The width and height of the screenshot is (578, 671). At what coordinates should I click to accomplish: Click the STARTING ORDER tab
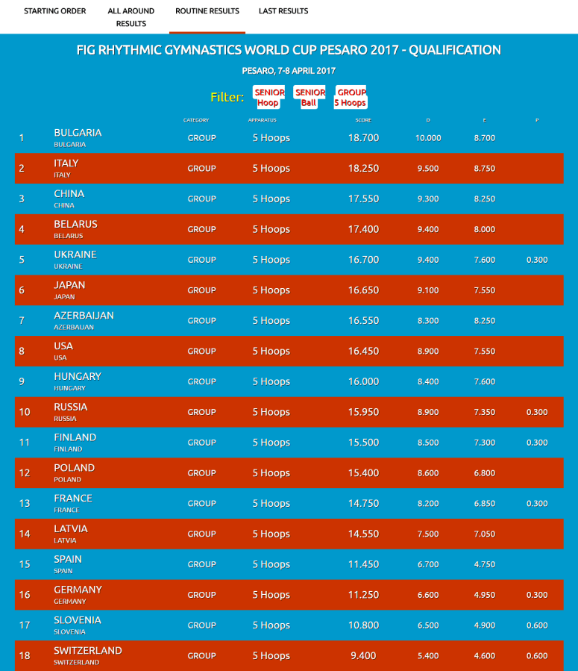(x=54, y=11)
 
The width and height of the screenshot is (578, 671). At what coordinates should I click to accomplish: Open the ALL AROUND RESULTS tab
(x=131, y=17)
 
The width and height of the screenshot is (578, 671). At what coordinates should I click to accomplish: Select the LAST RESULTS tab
(x=283, y=11)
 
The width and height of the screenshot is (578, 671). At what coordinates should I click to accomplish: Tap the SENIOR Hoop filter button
(x=269, y=98)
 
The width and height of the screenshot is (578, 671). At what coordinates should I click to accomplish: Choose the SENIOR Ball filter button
(x=310, y=98)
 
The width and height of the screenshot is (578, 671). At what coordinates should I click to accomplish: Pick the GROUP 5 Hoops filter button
(x=351, y=98)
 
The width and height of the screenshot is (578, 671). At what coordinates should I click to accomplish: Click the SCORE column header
(x=363, y=120)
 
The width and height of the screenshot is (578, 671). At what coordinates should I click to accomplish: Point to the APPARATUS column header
(x=263, y=120)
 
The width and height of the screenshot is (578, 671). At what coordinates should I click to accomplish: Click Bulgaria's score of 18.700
(x=363, y=138)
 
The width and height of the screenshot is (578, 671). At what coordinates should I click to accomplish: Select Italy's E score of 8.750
(x=484, y=169)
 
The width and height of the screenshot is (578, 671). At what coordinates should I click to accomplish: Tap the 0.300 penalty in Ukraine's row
(x=536, y=260)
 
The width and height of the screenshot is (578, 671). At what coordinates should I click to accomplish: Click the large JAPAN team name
(x=69, y=285)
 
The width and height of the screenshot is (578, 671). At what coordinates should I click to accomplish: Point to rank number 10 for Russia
(x=25, y=412)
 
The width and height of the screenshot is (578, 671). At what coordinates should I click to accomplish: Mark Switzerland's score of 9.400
(x=363, y=656)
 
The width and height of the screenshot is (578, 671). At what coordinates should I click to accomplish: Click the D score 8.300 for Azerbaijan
(x=427, y=321)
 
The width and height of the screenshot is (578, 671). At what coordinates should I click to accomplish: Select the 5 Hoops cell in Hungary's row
(x=271, y=381)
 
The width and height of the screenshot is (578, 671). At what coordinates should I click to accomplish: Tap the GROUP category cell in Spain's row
(x=201, y=564)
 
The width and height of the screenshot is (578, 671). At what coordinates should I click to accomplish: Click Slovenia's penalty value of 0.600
(x=536, y=625)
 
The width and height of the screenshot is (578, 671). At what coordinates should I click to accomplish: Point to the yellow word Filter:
(x=227, y=98)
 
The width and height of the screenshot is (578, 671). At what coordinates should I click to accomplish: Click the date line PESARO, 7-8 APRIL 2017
(x=289, y=71)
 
